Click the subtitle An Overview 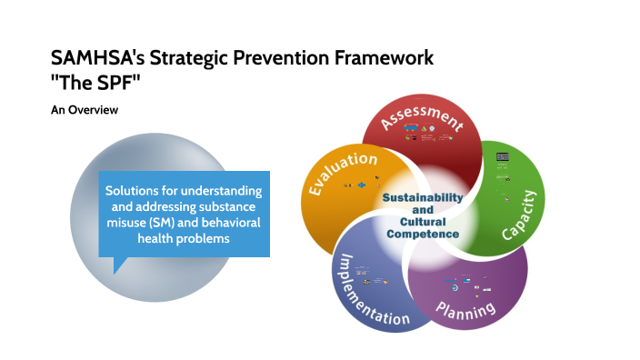(x=85, y=110)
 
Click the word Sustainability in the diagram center (x=422, y=197)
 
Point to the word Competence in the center (x=422, y=234)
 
